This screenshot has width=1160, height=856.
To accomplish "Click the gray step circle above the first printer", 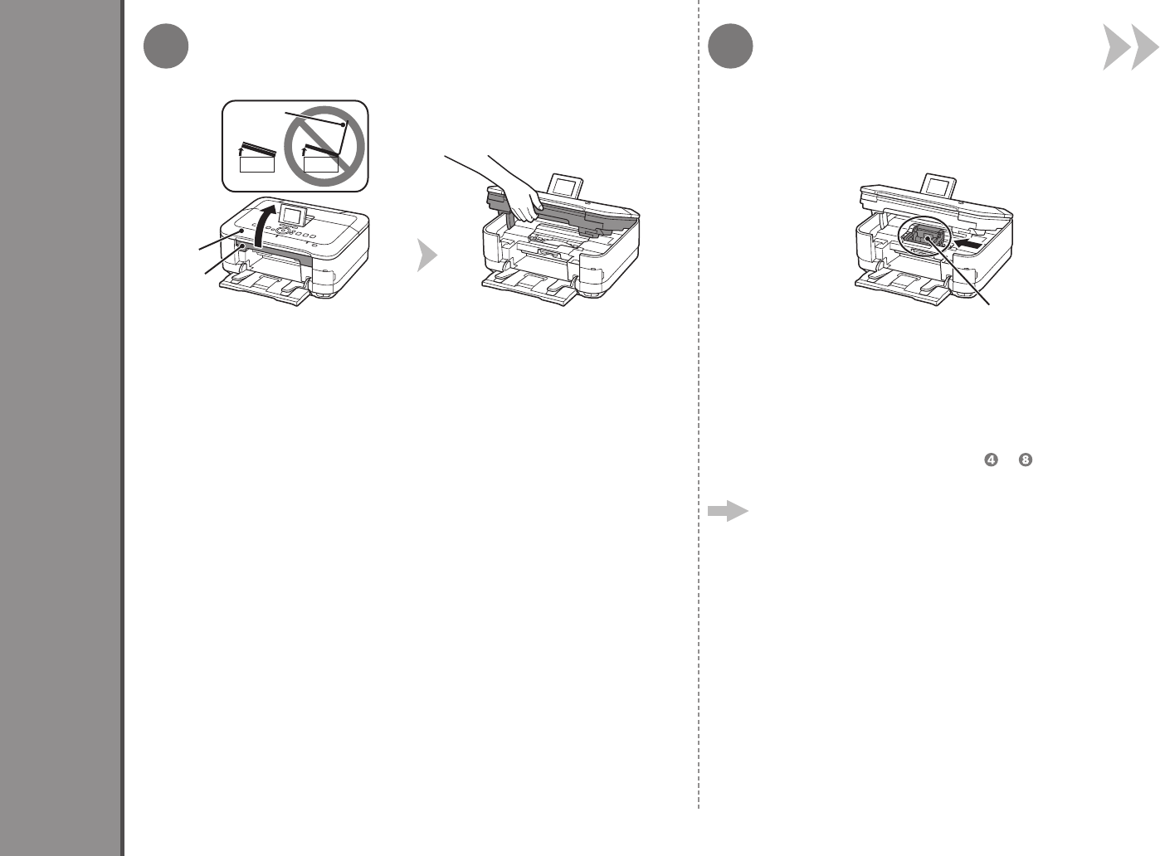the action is (165, 47).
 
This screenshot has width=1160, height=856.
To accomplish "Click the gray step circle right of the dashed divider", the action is (732, 47).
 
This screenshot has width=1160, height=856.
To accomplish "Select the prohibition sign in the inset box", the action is (323, 144).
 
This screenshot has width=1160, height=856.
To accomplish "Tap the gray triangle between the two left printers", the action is (426, 256).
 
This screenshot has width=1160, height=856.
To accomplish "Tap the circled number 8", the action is (1026, 461).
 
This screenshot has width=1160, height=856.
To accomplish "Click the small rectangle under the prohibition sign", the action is (321, 163).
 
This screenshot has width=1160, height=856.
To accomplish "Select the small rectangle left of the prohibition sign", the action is (256, 163).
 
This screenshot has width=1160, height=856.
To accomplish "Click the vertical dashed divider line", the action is (699, 415).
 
